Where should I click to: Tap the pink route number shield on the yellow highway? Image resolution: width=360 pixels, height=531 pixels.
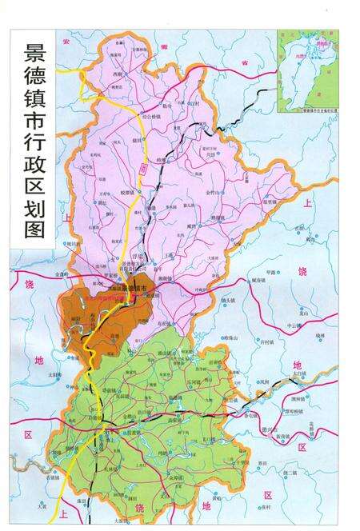click(145, 167)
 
